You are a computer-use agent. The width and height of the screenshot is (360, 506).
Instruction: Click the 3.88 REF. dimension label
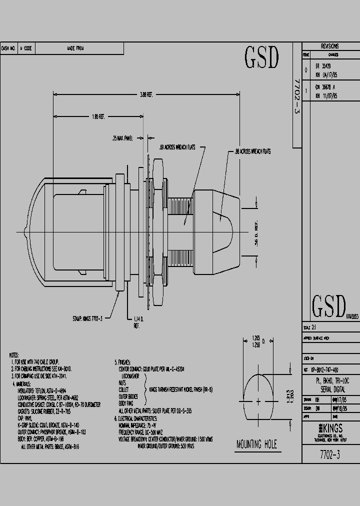click(x=146, y=94)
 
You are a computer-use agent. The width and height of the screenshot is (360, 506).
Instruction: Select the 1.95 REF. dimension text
click(x=97, y=116)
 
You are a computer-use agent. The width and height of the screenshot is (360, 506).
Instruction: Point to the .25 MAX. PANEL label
click(x=122, y=138)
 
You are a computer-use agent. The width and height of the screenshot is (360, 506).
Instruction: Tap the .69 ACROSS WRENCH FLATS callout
click(x=180, y=147)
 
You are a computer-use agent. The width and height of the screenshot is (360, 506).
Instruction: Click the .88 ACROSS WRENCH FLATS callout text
click(x=252, y=151)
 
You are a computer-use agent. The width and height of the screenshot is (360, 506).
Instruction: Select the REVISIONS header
click(x=330, y=45)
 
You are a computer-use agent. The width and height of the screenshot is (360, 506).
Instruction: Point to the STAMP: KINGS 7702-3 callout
click(x=87, y=318)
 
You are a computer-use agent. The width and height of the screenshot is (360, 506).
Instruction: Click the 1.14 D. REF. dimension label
click(x=138, y=321)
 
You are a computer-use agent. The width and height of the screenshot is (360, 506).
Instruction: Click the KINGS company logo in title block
click(x=331, y=428)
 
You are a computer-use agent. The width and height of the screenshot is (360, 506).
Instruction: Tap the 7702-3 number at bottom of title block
click(x=330, y=455)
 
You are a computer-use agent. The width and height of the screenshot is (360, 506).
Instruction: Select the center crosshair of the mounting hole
click(x=258, y=401)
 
